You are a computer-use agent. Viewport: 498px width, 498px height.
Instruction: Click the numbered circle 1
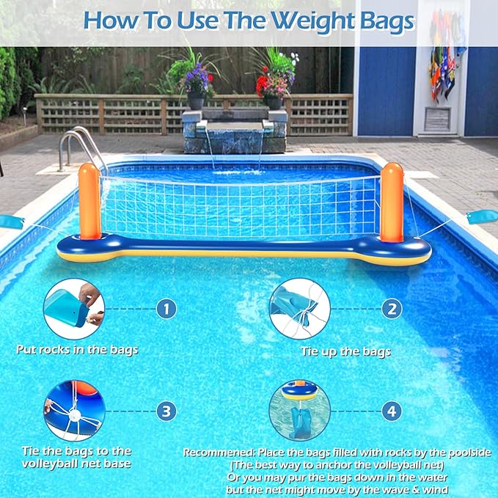(166, 309)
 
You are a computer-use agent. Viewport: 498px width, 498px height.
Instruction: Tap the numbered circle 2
(392, 309)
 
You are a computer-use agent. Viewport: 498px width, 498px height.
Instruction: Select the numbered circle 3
(166, 411)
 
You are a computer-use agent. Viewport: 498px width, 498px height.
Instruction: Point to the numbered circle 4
(392, 411)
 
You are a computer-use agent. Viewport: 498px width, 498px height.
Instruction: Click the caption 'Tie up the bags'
(346, 351)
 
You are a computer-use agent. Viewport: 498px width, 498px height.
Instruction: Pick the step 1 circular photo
(73, 309)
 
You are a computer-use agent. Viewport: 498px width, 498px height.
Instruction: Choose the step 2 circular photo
(299, 309)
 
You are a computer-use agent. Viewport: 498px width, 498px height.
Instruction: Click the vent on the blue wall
(438, 120)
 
